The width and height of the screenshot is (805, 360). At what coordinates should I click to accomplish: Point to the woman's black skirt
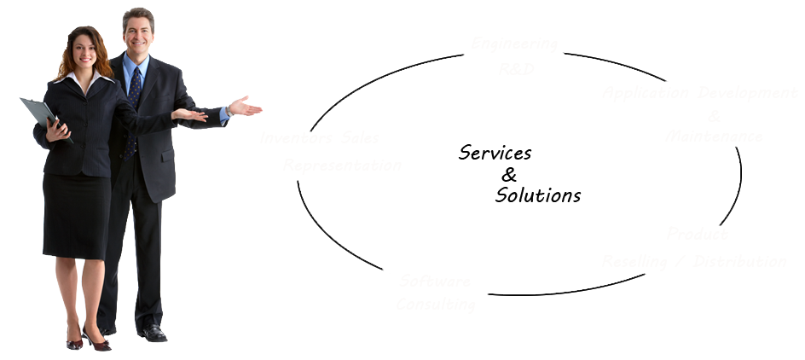pos(77,213)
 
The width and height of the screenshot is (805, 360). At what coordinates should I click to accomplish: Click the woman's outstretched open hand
pos(188,114)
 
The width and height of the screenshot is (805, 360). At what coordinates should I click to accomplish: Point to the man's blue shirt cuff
pos(223,113)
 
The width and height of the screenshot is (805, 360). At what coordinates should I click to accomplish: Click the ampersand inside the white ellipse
pos(509,176)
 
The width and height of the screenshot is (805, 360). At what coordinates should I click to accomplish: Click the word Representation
pos(343,165)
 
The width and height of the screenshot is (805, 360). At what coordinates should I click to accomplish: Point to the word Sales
pos(358,138)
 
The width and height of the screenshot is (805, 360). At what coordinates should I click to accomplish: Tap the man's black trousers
pos(147,256)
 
